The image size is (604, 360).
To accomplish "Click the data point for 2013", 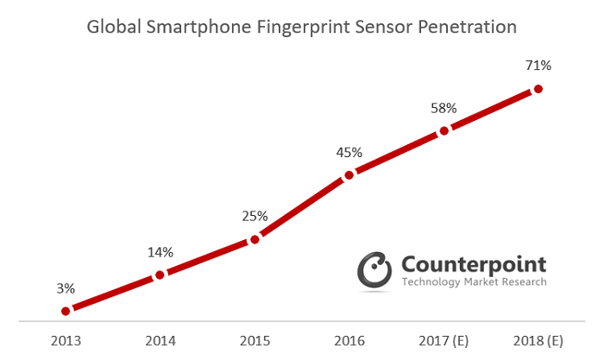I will pyautogui.click(x=65, y=310).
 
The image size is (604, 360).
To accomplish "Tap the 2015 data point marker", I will pyautogui.click(x=255, y=240).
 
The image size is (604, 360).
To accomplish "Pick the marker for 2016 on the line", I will pyautogui.click(x=349, y=175).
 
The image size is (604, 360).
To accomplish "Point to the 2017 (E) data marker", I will pyautogui.click(x=444, y=131).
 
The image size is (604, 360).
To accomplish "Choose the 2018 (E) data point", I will pyautogui.click(x=538, y=89).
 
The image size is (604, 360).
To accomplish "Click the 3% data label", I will pyautogui.click(x=66, y=287).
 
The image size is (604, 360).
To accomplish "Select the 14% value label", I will pyautogui.click(x=160, y=253).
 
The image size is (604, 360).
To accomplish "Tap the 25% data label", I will pyautogui.click(x=255, y=216).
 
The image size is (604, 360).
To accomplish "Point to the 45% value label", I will pyautogui.click(x=349, y=152).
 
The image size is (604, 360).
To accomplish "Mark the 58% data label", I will pyautogui.click(x=444, y=108).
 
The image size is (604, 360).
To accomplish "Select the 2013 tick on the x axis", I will pyautogui.click(x=66, y=339).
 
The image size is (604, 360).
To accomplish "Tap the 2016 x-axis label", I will pyautogui.click(x=349, y=339).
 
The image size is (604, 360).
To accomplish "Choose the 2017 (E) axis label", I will pyautogui.click(x=444, y=339).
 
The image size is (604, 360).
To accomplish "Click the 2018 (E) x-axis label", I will pyautogui.click(x=538, y=339).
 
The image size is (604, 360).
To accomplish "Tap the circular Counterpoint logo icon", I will pyautogui.click(x=375, y=268).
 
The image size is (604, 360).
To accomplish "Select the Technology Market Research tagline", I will pyautogui.click(x=474, y=281).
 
